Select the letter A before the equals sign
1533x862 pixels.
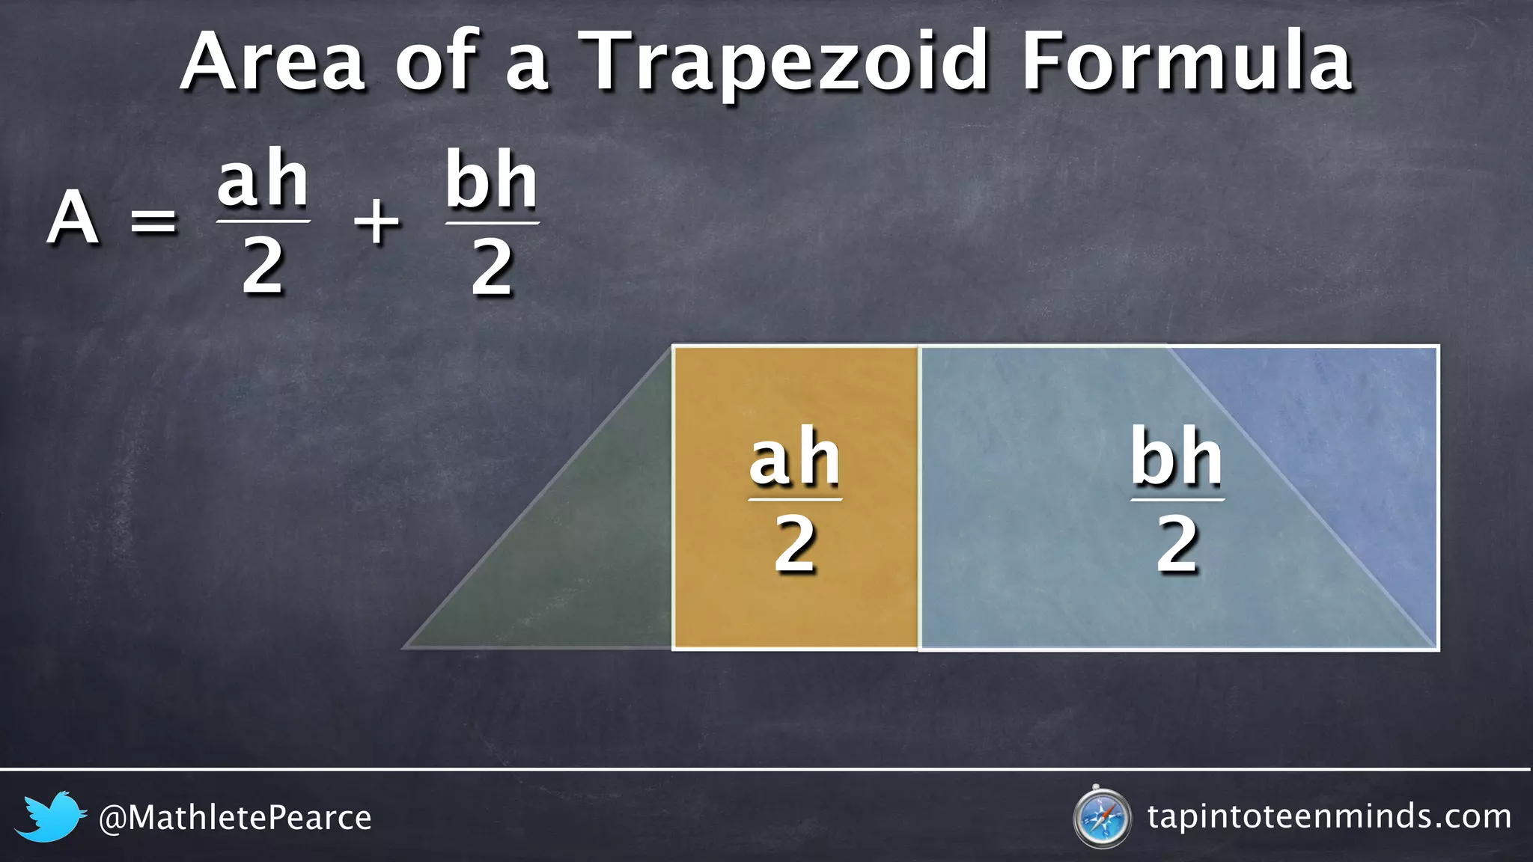(x=73, y=218)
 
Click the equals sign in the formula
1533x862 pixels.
(x=153, y=221)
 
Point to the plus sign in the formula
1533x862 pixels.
(x=377, y=221)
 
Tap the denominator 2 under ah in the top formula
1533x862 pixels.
(x=263, y=268)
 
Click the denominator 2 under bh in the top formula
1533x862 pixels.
(x=492, y=268)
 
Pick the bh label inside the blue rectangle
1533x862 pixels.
(x=1177, y=457)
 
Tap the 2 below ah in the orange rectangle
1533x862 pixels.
(x=795, y=544)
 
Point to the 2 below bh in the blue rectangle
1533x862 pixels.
(x=1177, y=544)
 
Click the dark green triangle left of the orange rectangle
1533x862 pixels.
(x=591, y=569)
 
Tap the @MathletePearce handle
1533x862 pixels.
(x=235, y=818)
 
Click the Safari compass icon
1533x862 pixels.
(x=1101, y=817)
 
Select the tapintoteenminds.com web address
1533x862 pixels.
(x=1329, y=816)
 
